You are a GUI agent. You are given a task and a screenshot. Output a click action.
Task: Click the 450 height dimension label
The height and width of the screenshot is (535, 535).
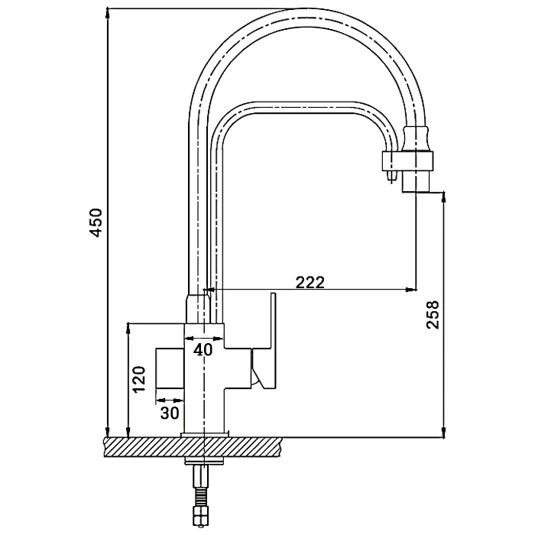(x=96, y=223)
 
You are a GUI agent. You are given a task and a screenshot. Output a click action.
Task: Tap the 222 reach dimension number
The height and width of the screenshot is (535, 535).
(x=310, y=282)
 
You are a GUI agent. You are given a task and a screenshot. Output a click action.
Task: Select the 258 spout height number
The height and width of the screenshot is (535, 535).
(x=433, y=315)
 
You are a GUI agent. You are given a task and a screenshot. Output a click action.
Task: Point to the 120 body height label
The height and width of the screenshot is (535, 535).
(x=139, y=379)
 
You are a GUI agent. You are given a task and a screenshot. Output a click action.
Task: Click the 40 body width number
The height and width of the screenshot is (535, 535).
(x=203, y=349)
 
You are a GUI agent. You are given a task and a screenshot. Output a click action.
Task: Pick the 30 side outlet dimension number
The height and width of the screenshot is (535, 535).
(x=170, y=413)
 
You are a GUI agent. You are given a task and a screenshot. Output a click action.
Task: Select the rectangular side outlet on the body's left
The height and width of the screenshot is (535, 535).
(x=170, y=368)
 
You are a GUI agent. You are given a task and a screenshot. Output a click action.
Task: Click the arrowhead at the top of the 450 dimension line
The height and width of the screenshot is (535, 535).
(x=108, y=13)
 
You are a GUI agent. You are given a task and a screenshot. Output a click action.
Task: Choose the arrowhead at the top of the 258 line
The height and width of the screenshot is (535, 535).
(x=443, y=197)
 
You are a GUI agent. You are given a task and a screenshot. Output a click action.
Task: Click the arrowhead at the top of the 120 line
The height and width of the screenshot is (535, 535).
(x=128, y=327)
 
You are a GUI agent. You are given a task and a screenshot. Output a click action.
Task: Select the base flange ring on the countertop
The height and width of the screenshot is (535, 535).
(x=204, y=434)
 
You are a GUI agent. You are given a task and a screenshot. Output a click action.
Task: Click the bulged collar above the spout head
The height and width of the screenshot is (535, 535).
(x=416, y=138)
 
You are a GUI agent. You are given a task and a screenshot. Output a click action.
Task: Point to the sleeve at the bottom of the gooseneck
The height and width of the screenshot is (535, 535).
(x=197, y=309)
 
